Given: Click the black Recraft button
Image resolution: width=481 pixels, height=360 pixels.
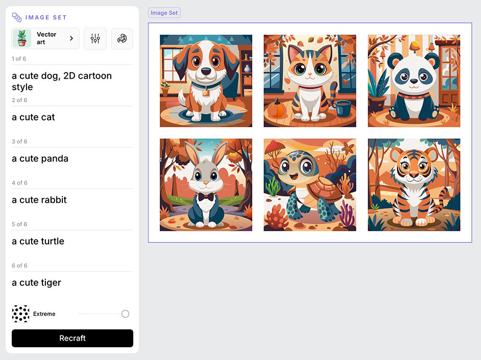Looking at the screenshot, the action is click(x=73, y=338).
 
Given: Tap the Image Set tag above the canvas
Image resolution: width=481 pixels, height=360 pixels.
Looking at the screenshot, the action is click(x=164, y=13).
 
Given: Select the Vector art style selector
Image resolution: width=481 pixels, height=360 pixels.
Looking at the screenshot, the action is click(x=45, y=38).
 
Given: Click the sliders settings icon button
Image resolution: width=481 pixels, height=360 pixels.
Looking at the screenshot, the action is click(x=95, y=39).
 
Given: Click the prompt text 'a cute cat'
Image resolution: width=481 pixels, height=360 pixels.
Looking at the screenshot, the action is click(x=33, y=117).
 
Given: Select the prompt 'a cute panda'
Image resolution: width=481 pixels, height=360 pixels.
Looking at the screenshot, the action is click(x=40, y=158).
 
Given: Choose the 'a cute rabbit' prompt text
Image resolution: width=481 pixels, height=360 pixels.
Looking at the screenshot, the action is click(x=39, y=200).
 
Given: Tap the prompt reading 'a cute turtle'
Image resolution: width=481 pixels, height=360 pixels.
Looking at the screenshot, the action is click(x=38, y=242).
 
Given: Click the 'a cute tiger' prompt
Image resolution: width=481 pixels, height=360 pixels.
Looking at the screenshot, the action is click(x=36, y=283).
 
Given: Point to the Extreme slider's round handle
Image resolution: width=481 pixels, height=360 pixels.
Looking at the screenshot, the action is click(x=125, y=314).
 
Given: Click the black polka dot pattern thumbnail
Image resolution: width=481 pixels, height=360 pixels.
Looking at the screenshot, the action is click(x=20, y=314).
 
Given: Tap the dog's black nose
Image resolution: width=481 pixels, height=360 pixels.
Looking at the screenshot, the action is click(x=206, y=71).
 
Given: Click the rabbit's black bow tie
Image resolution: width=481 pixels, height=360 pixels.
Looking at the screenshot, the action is click(x=206, y=197).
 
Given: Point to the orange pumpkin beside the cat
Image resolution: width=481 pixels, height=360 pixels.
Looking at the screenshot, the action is click(x=277, y=108).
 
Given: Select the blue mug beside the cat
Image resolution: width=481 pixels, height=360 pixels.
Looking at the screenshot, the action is click(x=343, y=109).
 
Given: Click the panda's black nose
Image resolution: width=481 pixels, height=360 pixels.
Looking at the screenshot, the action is click(x=414, y=82).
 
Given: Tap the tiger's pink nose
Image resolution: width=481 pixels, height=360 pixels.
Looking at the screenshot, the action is click(x=414, y=175).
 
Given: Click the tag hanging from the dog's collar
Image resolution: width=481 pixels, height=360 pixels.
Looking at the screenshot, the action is click(x=206, y=92).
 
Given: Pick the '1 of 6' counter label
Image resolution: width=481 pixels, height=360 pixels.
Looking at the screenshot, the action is click(x=19, y=59).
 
